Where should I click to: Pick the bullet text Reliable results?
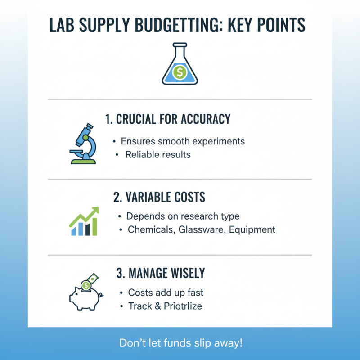pyautogui.click(x=158, y=155)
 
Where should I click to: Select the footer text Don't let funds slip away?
pyautogui.click(x=180, y=342)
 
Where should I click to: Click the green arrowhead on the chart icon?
pyautogui.click(x=94, y=211)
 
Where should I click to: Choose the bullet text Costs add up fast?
pyautogui.click(x=166, y=292)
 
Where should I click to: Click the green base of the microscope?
pyautogui.click(x=83, y=159)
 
